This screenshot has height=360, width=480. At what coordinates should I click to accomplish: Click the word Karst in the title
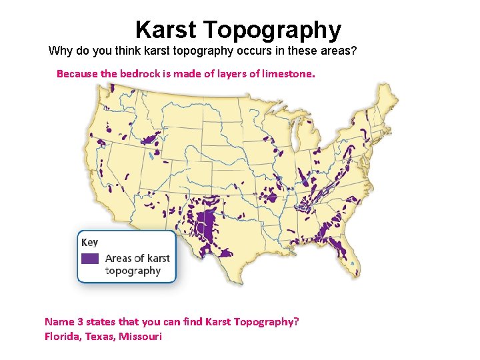(x=166, y=30)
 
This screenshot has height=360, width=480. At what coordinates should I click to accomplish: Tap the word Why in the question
(x=61, y=51)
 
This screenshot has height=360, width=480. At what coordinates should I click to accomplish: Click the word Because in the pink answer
(x=77, y=74)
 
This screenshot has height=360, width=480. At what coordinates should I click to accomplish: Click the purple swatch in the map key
(x=90, y=258)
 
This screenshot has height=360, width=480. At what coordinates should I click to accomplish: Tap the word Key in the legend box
(x=89, y=242)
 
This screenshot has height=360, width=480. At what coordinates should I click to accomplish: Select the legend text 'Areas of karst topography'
(x=137, y=264)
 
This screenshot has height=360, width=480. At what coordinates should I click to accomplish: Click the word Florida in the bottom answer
(x=61, y=336)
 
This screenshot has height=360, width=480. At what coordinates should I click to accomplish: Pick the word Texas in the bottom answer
(x=99, y=336)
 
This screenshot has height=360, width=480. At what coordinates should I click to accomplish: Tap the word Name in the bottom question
(x=58, y=321)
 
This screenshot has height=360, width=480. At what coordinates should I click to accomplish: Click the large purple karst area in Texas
(x=208, y=223)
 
